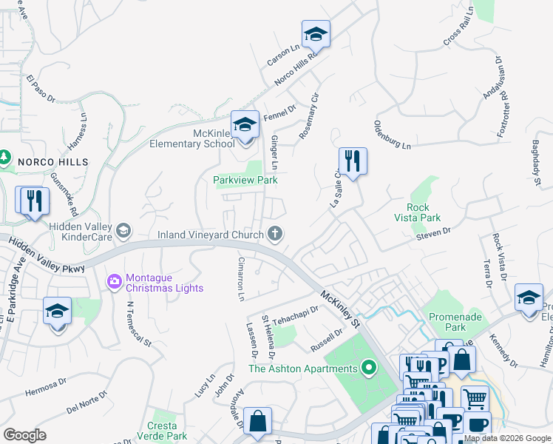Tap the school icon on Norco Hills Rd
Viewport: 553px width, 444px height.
(316, 34)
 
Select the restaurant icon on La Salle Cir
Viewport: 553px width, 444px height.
(353, 161)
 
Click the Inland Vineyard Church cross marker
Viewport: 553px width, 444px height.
(275, 235)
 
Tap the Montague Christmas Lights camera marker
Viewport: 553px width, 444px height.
(115, 282)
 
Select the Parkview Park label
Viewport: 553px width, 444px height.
(245, 180)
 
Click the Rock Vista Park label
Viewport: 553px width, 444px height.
(424, 212)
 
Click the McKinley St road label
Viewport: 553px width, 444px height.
(340, 309)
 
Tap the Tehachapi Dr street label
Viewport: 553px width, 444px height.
(295, 317)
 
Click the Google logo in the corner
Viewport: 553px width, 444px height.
(24, 434)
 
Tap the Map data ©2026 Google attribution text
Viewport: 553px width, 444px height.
(507, 438)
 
